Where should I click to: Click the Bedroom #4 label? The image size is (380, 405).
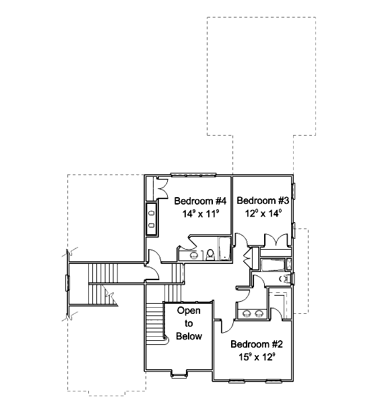[200, 200]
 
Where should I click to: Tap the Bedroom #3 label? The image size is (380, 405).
[263, 200]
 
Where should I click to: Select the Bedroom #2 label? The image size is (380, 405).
[257, 344]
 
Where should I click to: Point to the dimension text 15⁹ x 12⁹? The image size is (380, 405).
[257, 357]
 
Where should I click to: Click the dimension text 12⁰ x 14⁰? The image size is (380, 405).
[263, 213]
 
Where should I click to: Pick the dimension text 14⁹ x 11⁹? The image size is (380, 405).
[201, 213]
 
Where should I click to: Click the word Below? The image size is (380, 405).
[189, 336]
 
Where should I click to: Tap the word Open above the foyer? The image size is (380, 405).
[189, 310]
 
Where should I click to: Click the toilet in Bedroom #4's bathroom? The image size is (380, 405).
[210, 254]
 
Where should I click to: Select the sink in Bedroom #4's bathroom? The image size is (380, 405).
[193, 255]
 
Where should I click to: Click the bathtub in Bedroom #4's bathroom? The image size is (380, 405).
[224, 248]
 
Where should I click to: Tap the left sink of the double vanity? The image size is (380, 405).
[247, 314]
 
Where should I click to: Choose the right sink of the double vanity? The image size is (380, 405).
[258, 314]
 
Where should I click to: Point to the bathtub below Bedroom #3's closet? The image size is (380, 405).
[273, 265]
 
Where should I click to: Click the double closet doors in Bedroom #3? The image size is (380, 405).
[276, 240]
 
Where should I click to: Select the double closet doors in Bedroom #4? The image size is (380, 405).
[162, 188]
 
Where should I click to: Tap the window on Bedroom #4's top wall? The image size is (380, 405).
[193, 175]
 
